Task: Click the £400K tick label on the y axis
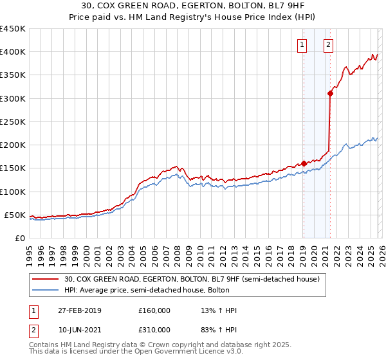tap(12, 52)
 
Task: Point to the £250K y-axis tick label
tap(12, 122)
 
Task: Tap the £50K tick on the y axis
tap(15, 215)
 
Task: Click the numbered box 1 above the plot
tap(302, 45)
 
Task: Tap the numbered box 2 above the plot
tap(328, 45)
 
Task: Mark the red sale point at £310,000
tap(330, 94)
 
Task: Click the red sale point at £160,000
tap(304, 163)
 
